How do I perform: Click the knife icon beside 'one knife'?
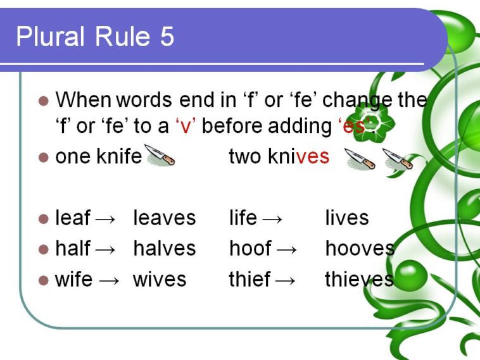pyautogui.click(x=160, y=156)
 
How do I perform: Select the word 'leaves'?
pyautogui.click(x=164, y=218)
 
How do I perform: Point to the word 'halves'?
pyautogui.click(x=164, y=249)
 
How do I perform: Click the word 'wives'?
pyautogui.click(x=160, y=279)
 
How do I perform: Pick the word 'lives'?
pyautogui.click(x=346, y=218)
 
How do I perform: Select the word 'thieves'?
pyautogui.click(x=359, y=279)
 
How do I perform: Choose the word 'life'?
pyautogui.click(x=243, y=218)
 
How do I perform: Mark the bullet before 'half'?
pyautogui.click(x=44, y=249)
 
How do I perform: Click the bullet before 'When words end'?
pyautogui.click(x=44, y=101)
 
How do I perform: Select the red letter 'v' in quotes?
pyautogui.click(x=186, y=127)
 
